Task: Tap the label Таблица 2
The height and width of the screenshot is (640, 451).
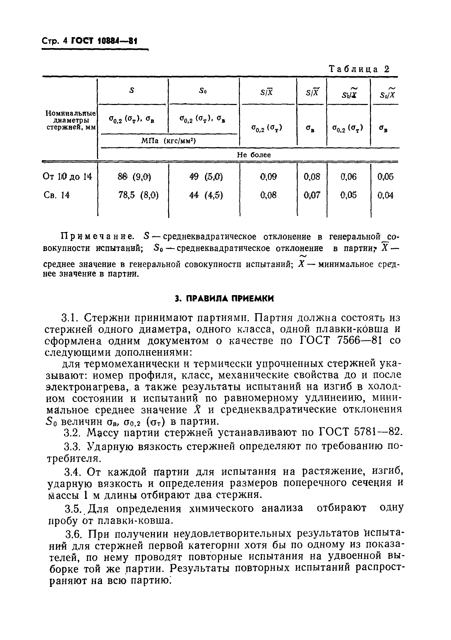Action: click(359, 69)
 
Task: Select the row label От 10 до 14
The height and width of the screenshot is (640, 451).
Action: click(67, 176)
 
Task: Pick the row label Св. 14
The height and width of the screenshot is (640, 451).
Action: click(57, 195)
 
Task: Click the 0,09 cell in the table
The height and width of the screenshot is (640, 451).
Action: click(268, 177)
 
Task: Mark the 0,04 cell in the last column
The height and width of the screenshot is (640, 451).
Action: click(385, 195)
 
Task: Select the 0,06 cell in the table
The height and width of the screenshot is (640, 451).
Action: click(348, 177)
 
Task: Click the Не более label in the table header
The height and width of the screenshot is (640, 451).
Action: click(254, 155)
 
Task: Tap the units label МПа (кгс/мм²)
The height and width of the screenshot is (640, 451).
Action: click(168, 141)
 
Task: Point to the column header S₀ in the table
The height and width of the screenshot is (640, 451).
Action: click(203, 91)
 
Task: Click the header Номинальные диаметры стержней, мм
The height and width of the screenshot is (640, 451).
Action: click(70, 120)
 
